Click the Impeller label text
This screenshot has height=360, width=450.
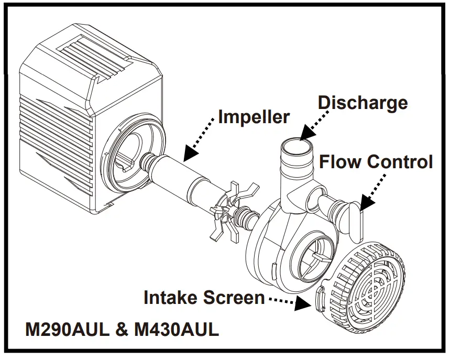click(254, 116)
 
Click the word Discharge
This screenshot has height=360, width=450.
click(363, 102)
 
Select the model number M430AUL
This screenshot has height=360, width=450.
click(176, 331)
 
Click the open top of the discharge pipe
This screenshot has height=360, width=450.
click(298, 143)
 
